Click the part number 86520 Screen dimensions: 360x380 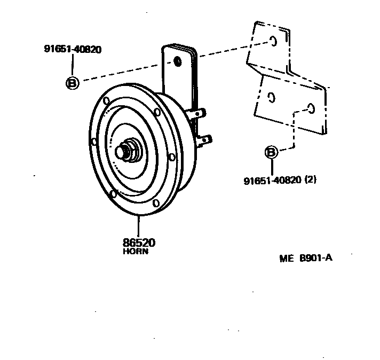click(140, 242)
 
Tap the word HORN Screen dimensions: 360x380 click(136, 251)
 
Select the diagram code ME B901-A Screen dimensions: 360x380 click(306, 259)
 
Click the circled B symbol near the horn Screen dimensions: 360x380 click(72, 83)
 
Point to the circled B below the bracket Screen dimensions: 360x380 click(271, 152)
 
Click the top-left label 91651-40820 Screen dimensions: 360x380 click(73, 50)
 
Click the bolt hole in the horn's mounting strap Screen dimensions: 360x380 click(178, 62)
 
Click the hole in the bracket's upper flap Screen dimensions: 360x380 click(273, 41)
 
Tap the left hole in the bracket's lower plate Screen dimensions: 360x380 click(271, 98)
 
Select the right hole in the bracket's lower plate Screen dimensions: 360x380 click(311, 108)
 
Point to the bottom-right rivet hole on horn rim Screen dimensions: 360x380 click(155, 203)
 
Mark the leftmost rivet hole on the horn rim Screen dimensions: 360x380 click(94, 142)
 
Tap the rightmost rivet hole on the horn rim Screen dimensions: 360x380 click(171, 157)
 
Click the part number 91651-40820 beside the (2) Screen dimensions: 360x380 click(272, 180)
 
